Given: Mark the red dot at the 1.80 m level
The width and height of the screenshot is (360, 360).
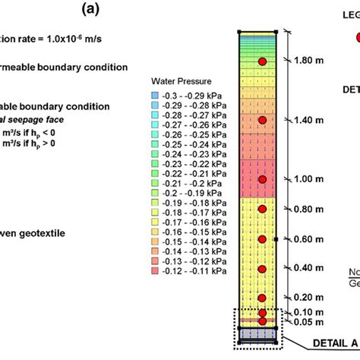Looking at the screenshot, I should coord(263,61).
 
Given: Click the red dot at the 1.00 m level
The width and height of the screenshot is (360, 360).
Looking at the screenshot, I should coord(263,179).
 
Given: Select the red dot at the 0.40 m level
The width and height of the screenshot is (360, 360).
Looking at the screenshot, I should coord(263,268).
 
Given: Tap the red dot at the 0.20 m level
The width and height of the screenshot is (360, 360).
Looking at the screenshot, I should coord(263,298).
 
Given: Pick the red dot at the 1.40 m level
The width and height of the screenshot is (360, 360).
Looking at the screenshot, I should coord(263,120).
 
